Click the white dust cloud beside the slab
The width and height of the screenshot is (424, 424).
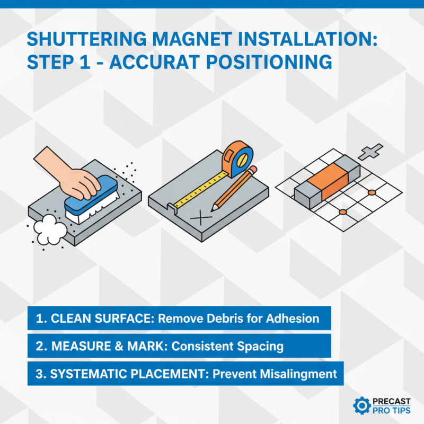point(49,229)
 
